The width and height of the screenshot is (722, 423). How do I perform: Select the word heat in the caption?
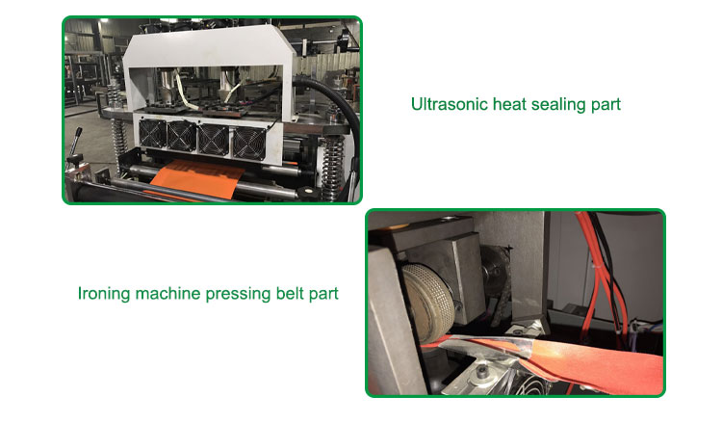pyautogui.click(x=509, y=104)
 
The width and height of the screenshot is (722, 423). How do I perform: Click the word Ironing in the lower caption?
pyautogui.click(x=104, y=294)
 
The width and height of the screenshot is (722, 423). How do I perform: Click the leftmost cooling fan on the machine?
pyautogui.click(x=152, y=133)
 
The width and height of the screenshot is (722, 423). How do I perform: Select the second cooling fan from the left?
pyautogui.click(x=181, y=137)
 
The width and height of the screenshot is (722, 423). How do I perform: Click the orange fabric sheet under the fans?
pyautogui.click(x=198, y=179)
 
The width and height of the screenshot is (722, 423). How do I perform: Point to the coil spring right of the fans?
pyautogui.click(x=332, y=167)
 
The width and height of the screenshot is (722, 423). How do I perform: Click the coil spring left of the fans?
pyautogui.click(x=118, y=143)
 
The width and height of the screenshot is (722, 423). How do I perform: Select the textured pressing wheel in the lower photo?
pyautogui.click(x=428, y=301)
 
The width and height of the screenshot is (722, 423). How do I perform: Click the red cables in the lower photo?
pyautogui.click(x=600, y=277)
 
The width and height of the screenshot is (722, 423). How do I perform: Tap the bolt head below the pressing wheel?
pyautogui.click(x=481, y=371)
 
